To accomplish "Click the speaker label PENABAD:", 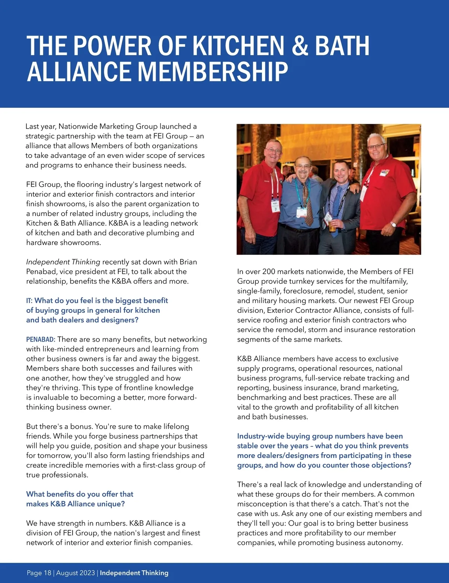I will (40, 339).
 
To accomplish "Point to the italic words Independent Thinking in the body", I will (63, 262).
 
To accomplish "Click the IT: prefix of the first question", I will (29, 300).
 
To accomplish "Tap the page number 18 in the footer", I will (48, 573).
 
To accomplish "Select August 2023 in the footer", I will (76, 573).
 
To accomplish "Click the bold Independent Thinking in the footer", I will (134, 573).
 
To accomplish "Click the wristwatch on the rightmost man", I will (393, 225).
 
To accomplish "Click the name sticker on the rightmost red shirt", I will (384, 173).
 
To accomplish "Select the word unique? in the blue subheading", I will (111, 504).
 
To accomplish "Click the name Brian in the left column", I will (188, 262).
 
